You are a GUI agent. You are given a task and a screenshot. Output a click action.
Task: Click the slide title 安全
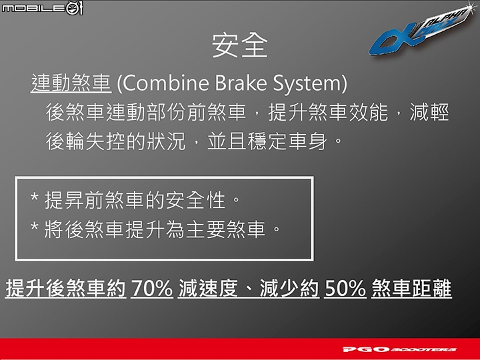(x=240, y=45)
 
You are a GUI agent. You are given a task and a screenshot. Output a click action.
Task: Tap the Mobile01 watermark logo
(x=42, y=8)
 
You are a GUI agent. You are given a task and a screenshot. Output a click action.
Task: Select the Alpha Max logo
(x=421, y=31)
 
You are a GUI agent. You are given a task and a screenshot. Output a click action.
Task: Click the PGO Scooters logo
(x=399, y=349)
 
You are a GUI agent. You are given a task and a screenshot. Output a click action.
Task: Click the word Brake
(x=241, y=83)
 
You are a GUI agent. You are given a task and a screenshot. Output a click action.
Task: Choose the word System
(x=307, y=83)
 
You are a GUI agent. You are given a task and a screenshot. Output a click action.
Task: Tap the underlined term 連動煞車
(x=71, y=83)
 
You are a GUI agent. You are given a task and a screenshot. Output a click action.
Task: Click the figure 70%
(x=152, y=288)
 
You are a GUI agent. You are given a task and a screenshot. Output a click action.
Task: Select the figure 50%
(x=345, y=288)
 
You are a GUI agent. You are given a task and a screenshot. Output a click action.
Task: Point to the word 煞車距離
(x=411, y=288)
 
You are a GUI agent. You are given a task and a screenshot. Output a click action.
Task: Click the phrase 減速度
(x=208, y=288)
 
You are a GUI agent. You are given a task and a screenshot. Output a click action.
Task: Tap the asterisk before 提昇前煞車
(x=34, y=197)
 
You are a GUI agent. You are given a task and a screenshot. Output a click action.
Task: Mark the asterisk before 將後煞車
(x=34, y=227)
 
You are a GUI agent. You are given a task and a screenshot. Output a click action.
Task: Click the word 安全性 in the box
(x=195, y=200)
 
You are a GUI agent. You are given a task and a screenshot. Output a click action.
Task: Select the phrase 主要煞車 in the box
(x=225, y=229)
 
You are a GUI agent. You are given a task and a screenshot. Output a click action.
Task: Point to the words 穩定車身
(x=287, y=141)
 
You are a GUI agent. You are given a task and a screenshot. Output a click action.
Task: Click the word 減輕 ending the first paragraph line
(x=429, y=112)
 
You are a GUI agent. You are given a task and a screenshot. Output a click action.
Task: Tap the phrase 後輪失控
(x=86, y=141)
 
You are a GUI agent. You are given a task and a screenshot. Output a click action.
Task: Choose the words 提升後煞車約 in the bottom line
(x=65, y=288)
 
